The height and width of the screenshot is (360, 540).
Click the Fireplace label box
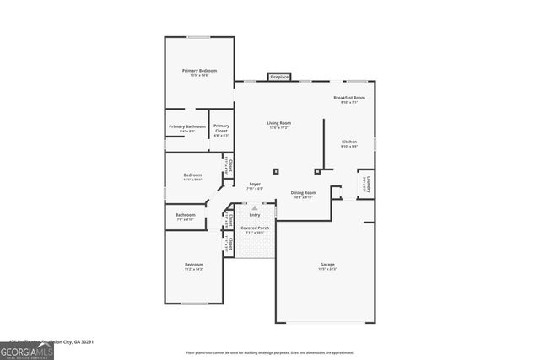(x=279, y=78)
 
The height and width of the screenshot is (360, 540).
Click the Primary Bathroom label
(x=187, y=127)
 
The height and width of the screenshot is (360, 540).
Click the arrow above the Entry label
(x=255, y=207)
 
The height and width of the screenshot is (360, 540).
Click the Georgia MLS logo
(x=26, y=349)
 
